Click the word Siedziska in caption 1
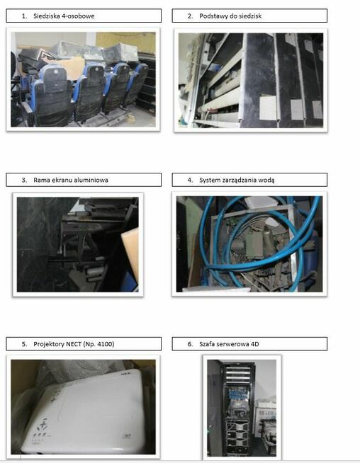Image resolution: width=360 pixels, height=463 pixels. tap(47, 16)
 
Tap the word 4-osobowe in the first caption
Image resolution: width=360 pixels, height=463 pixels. tap(79, 16)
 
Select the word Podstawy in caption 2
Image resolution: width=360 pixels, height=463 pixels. tap(213, 16)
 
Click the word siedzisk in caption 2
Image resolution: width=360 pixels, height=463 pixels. tap(249, 16)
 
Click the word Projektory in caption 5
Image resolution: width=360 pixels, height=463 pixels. tap(49, 344)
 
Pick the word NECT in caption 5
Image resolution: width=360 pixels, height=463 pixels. tap(74, 344)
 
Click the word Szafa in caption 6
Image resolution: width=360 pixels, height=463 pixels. tap(208, 344)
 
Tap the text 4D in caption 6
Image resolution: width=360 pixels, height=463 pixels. tap(255, 344)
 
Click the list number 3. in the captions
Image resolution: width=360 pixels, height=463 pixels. tap(24, 180)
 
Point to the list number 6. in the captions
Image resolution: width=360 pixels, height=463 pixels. tap(190, 344)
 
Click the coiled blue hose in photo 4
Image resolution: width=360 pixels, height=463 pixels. tap(260, 242)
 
